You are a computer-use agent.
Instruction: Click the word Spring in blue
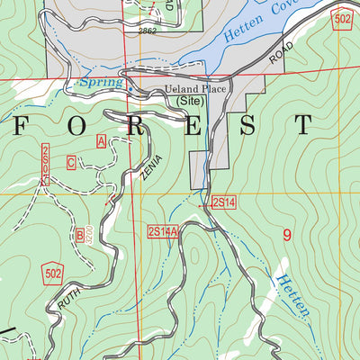point(99,84)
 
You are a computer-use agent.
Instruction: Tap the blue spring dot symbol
point(129,89)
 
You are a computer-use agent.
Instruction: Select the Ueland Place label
point(193,90)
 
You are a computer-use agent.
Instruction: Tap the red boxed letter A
point(101,139)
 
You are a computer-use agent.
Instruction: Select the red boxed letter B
point(80,236)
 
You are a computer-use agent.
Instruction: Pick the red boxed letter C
point(70,163)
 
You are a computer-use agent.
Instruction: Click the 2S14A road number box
point(163,231)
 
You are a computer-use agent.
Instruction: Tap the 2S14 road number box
point(223,202)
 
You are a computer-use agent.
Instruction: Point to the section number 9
point(287,236)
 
